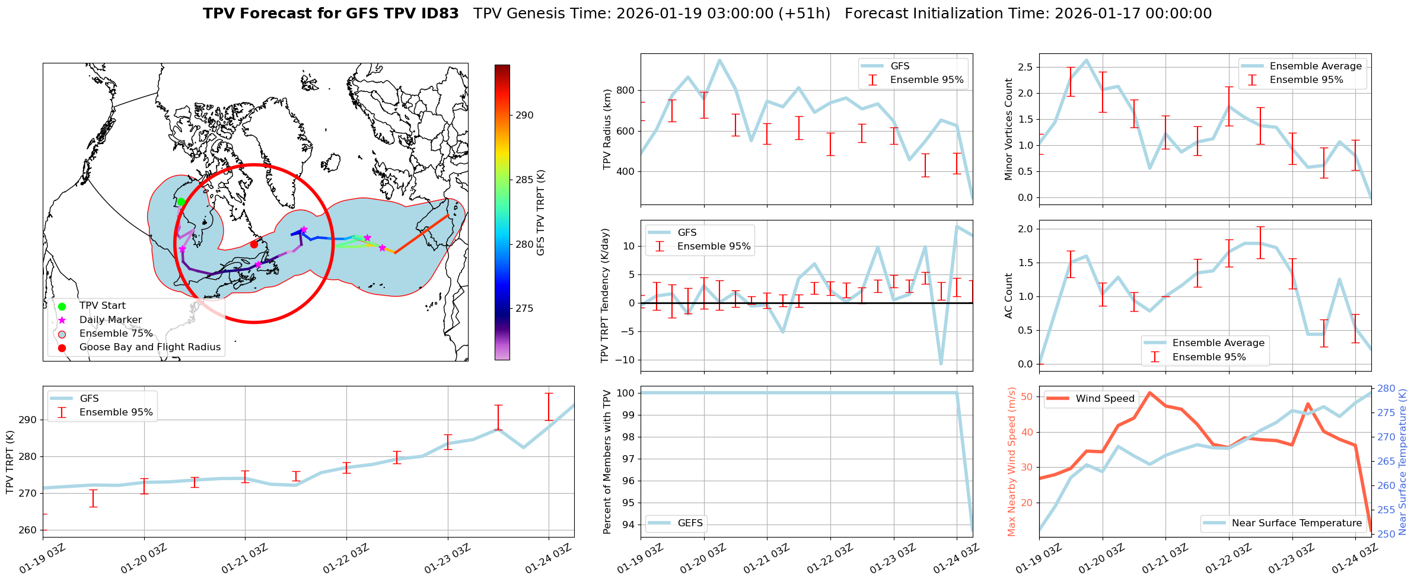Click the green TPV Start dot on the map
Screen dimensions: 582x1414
(x=181, y=202)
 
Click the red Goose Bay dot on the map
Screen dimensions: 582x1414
(x=254, y=244)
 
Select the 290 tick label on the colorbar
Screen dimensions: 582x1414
(x=524, y=115)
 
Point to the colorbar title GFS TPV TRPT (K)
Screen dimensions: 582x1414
(x=541, y=213)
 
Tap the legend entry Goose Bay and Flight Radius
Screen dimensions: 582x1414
(x=149, y=347)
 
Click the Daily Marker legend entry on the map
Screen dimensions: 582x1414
(x=110, y=320)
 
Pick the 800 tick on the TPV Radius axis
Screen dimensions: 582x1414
(x=626, y=91)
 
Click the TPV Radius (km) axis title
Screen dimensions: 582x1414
(x=607, y=129)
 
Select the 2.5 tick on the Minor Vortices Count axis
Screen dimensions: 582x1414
(x=1024, y=68)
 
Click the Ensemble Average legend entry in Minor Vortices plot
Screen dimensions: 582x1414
(x=1316, y=66)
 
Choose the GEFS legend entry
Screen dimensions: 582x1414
(x=690, y=523)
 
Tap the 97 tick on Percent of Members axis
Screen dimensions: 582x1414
(x=626, y=459)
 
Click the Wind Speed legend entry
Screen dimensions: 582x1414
(x=1105, y=399)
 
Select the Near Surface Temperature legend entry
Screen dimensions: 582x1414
(x=1297, y=523)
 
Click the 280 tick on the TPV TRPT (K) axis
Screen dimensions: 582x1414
(x=28, y=456)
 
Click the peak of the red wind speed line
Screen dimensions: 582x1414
(x=1149, y=392)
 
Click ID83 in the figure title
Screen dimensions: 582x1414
(x=440, y=14)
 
